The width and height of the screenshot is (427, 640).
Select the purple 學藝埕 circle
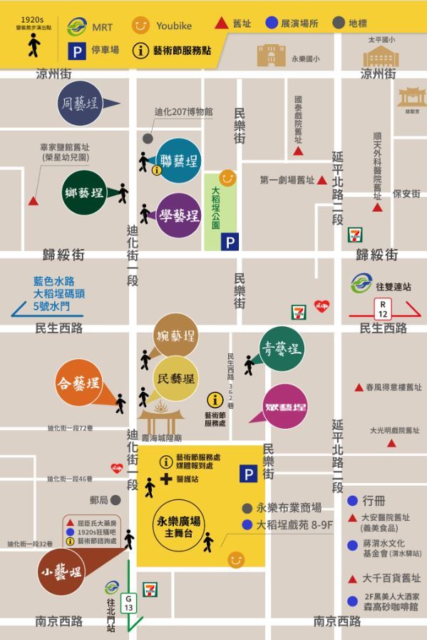click(179, 215)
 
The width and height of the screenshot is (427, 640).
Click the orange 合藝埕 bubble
click(79, 385)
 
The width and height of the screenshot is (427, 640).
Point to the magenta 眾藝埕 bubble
click(285, 407)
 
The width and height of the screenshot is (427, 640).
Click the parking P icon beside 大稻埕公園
click(230, 243)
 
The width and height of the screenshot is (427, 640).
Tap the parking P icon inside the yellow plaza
click(248, 474)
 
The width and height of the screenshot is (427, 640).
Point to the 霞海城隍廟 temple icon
click(161, 420)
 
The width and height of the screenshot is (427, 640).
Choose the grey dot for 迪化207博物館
click(148, 138)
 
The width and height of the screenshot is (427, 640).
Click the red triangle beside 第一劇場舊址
click(322, 181)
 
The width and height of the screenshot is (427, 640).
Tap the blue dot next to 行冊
click(352, 501)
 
